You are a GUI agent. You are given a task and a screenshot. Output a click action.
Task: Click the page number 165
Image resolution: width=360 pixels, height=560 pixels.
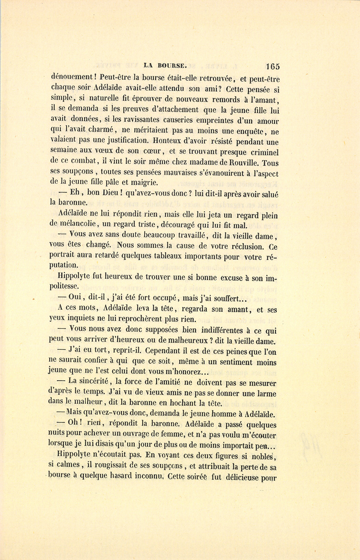[272, 66]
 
